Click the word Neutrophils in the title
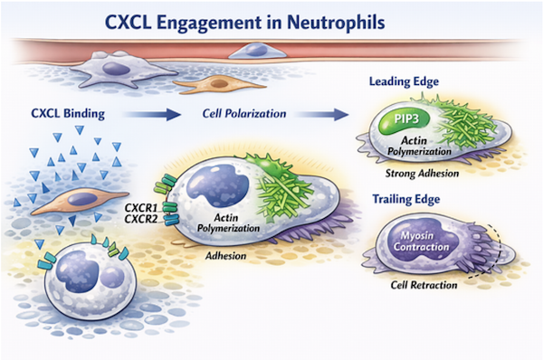pyautogui.click(x=336, y=23)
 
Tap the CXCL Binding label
pyautogui.click(x=68, y=114)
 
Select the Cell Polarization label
pyautogui.click(x=244, y=114)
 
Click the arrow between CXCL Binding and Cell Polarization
pyautogui.click(x=152, y=114)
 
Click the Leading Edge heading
pyautogui.click(x=404, y=81)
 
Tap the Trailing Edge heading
pyautogui.click(x=405, y=199)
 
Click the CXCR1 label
pyautogui.click(x=141, y=208)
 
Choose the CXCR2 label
pyautogui.click(x=141, y=219)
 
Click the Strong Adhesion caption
pyautogui.click(x=422, y=173)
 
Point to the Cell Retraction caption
pyautogui.click(x=424, y=285)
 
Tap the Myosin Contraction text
pyautogui.click(x=421, y=242)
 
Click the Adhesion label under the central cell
pyautogui.click(x=225, y=256)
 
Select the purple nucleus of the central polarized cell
pyautogui.click(x=218, y=187)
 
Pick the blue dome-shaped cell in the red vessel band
pyautogui.click(x=257, y=51)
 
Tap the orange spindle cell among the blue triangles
pyautogui.click(x=81, y=201)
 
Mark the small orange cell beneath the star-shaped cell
pyautogui.click(x=219, y=84)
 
